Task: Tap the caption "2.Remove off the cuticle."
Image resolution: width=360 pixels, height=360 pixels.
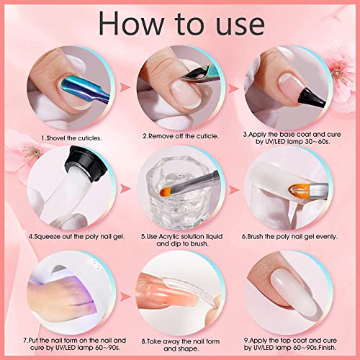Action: [x=180, y=135]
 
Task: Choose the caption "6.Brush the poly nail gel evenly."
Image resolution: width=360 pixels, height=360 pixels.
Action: [x=293, y=235]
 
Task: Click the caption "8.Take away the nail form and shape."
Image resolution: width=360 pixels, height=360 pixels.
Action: [x=180, y=339]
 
